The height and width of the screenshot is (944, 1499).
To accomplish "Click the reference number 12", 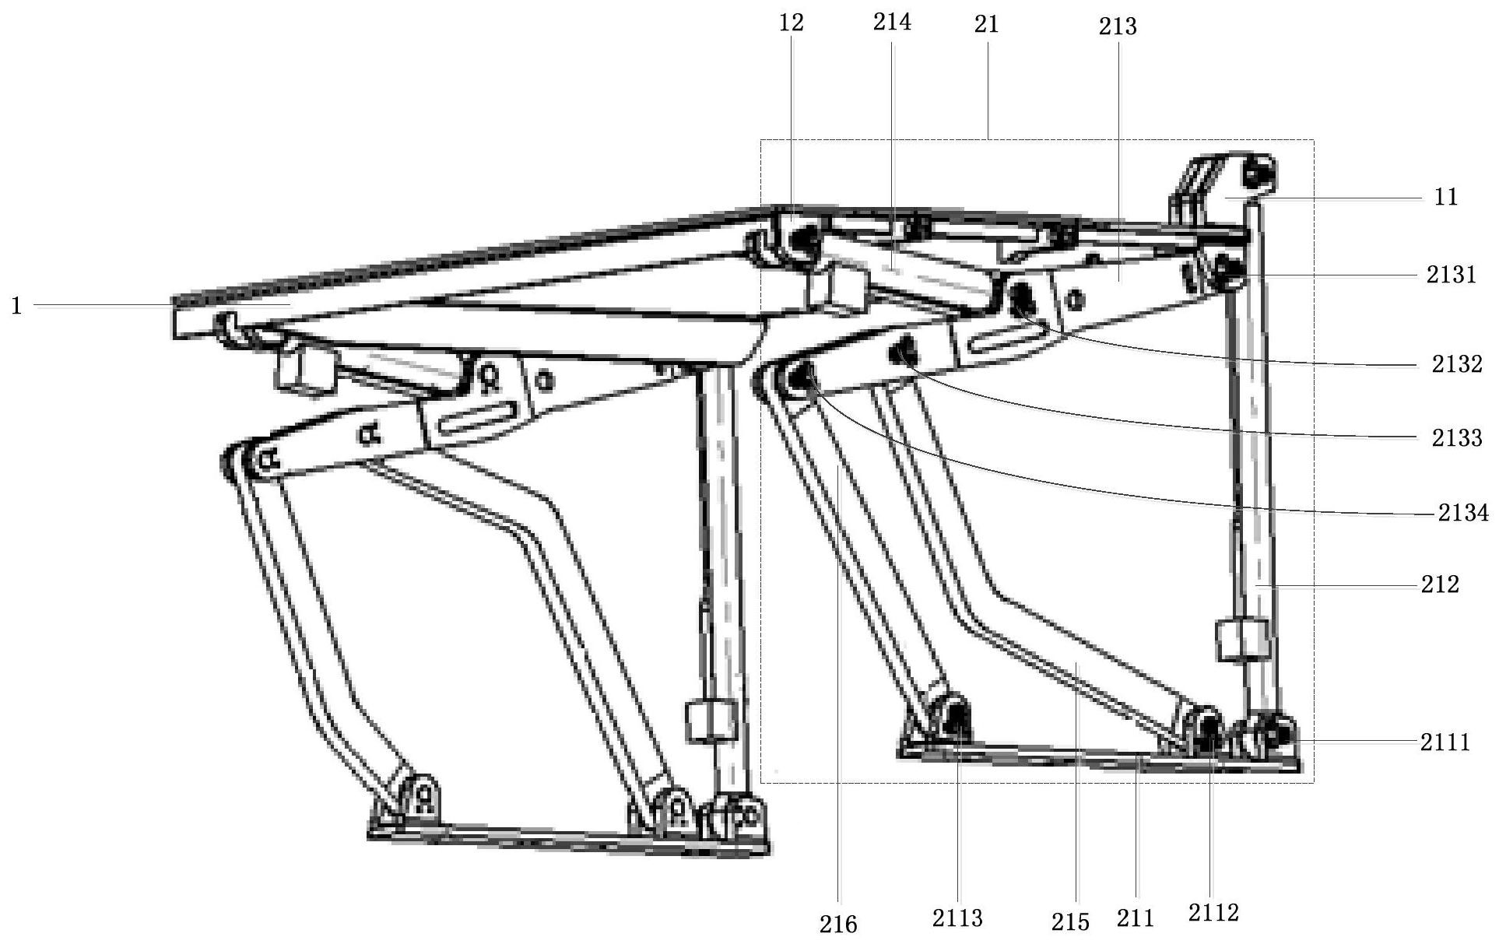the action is [792, 23].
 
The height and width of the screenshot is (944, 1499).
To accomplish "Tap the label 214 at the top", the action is [892, 23].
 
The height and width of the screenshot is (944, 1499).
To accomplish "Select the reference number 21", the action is [986, 25].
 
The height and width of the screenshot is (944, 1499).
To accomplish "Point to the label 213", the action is [1118, 27].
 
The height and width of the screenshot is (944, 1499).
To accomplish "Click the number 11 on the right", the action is [1445, 198].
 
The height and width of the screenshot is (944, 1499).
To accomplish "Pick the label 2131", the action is [1452, 275].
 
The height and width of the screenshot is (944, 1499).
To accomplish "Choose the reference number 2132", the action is [1458, 364].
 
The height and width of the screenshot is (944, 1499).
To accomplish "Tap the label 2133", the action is [1458, 438].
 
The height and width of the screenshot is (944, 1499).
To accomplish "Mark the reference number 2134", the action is [1463, 513].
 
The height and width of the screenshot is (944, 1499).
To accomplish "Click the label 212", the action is [1440, 584].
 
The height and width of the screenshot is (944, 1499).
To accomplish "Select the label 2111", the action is [1446, 742].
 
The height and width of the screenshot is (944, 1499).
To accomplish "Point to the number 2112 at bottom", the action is [1213, 912].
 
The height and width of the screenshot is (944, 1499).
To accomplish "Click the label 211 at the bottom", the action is [1136, 919].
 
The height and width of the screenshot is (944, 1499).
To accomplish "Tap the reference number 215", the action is [1070, 921].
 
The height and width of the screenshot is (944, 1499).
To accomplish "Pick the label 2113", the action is [958, 918].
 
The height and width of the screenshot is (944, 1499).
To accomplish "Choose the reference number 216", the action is [838, 924].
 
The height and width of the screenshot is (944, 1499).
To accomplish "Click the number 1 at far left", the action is [16, 306].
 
